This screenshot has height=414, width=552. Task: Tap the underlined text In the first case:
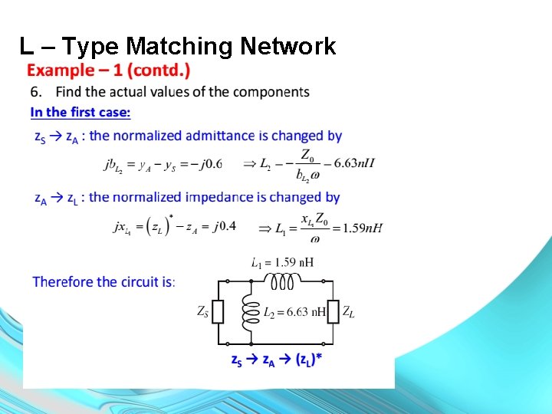coord(80,113)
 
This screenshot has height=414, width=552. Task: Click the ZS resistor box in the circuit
coord(219,312)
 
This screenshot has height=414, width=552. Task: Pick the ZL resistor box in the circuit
coord(332,312)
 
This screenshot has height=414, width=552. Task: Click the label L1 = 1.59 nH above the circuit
coord(282,263)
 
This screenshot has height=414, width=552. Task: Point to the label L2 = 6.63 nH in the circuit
coord(294,312)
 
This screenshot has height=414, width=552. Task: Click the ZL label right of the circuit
coord(348,312)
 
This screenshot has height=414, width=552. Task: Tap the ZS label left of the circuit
coord(203,312)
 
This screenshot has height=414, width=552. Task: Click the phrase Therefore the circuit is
coord(103,282)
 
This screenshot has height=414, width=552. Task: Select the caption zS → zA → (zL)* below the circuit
coord(277,359)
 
